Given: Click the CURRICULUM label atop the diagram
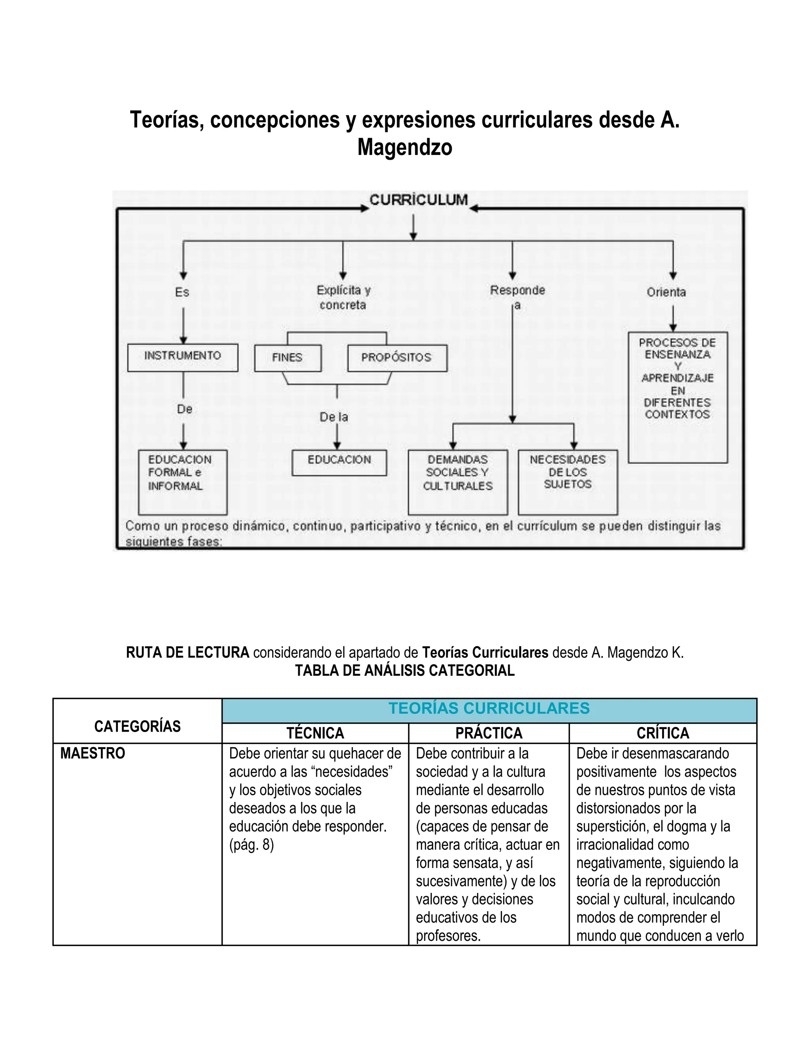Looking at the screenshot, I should pos(418,200).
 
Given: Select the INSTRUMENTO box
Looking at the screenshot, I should pos(183,357).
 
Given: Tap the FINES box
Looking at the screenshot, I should pos(288,358).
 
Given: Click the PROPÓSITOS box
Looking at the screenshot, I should pos(397,358).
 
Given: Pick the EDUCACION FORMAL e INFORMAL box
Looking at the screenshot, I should pos(182,481).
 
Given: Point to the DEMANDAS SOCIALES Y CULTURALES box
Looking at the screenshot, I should pos(458,481).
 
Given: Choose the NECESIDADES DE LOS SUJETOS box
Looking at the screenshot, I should pos(568,481).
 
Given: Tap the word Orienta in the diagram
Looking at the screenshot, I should pos(666,292).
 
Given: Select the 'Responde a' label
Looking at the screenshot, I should pos(517,297).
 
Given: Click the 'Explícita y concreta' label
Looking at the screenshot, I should pos(343,297).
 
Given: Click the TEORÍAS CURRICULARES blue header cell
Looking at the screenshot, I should pos(489,709).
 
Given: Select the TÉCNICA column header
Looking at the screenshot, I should pos(315,733).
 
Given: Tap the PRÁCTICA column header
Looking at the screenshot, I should pos(488,733).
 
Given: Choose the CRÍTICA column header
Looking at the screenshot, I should pos(663,733).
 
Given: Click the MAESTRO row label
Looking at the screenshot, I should pos(93,753).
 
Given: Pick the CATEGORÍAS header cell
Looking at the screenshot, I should pos(137,726).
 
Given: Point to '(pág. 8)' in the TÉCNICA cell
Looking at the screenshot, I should pos(252,845).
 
